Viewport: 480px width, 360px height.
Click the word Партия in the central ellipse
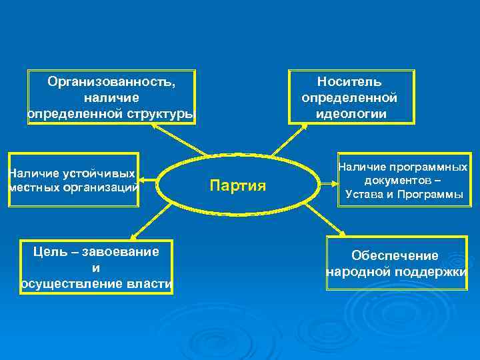point(238,185)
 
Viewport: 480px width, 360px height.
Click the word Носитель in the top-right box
point(349,82)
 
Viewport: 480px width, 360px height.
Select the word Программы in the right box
point(434,195)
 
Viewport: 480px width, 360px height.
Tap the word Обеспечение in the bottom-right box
point(395,256)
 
